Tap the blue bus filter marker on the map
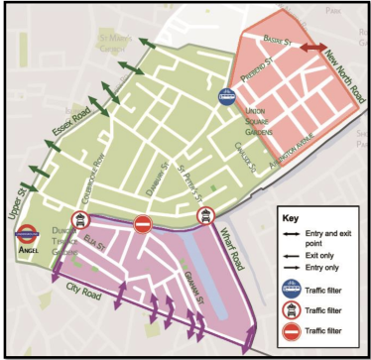(228, 97)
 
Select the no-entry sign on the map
(142, 225)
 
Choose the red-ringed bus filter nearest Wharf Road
(205, 215)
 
